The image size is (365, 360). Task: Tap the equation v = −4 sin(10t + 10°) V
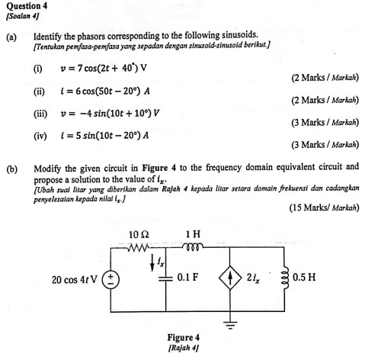click(114, 115)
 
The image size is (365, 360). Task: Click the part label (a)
click(11, 35)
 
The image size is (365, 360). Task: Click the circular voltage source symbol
click(111, 278)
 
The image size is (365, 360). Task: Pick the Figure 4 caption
click(183, 336)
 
